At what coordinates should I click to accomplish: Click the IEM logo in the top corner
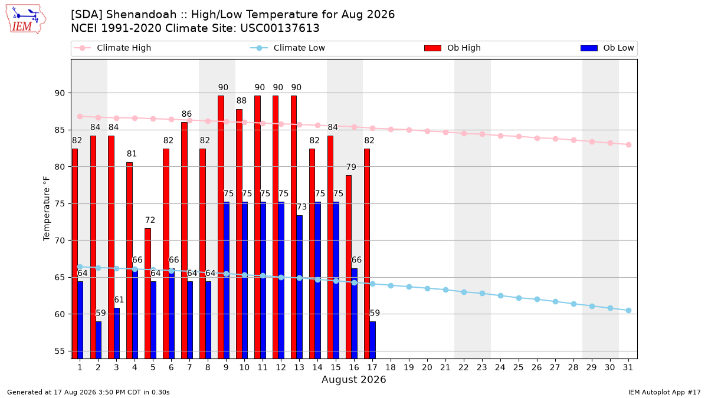(26, 19)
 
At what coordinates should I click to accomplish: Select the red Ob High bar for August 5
(147, 294)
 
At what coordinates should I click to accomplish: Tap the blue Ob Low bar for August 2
(99, 340)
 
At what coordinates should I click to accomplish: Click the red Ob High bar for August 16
(349, 267)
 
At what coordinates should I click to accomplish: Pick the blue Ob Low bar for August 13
(299, 287)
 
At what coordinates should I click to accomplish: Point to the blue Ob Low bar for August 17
(373, 340)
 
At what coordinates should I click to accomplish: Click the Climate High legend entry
(112, 48)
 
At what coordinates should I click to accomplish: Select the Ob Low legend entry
(607, 48)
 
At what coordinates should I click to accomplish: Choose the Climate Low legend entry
(287, 48)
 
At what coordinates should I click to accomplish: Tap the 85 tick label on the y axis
(59, 130)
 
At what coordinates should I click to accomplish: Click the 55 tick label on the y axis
(59, 351)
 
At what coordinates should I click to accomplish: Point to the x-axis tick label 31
(628, 367)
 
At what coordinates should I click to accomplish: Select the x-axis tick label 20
(427, 367)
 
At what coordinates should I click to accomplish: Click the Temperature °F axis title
(47, 209)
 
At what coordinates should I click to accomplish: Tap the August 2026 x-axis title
(353, 379)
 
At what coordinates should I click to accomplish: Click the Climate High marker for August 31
(629, 144)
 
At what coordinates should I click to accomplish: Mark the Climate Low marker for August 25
(519, 298)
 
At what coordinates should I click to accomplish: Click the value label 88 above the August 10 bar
(241, 101)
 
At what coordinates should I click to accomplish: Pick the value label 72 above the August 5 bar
(150, 220)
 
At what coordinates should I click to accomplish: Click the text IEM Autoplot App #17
(664, 392)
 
